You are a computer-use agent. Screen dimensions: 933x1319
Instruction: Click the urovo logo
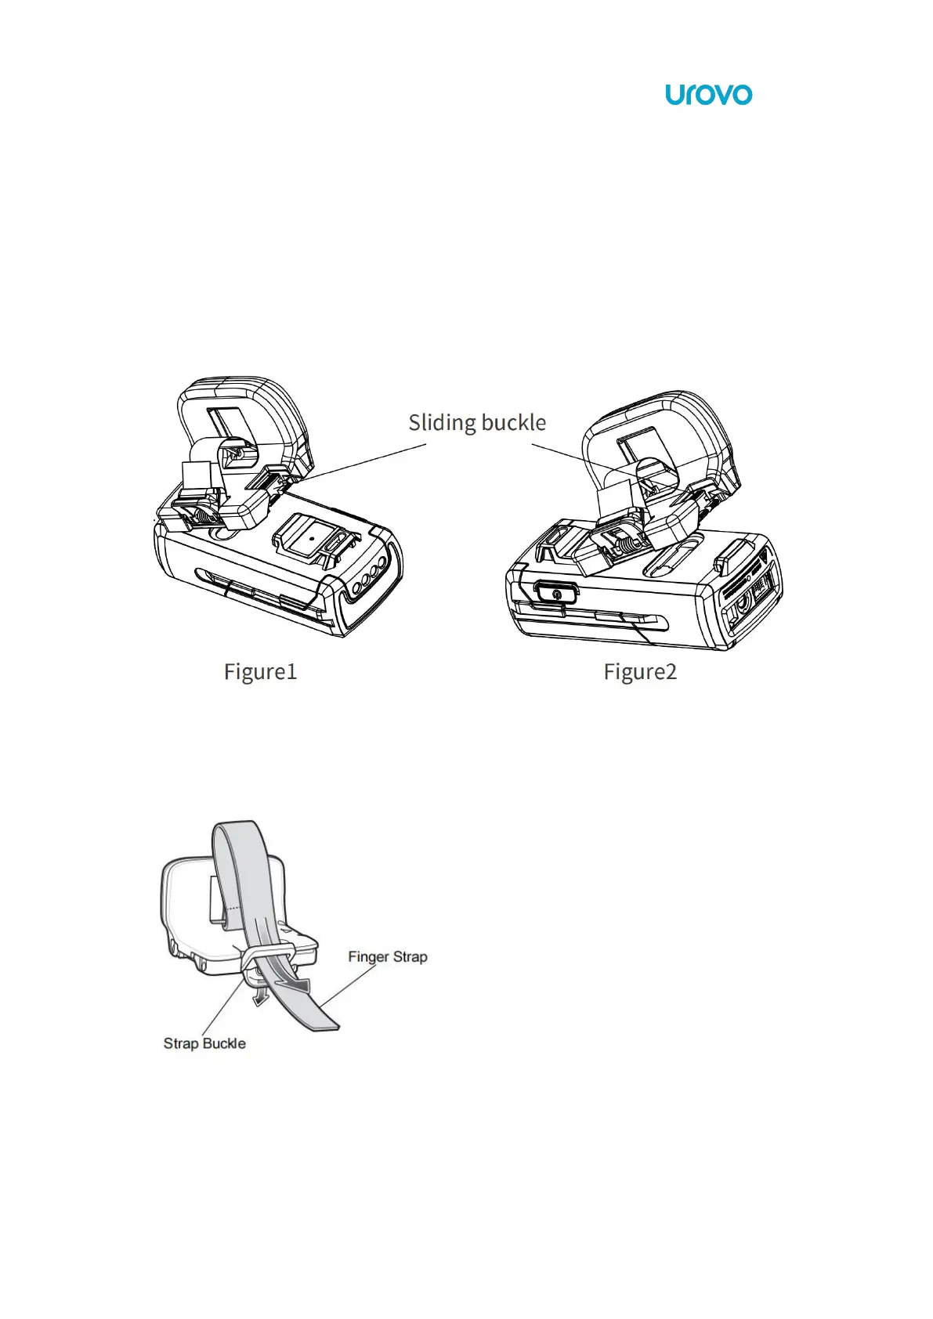tap(708, 95)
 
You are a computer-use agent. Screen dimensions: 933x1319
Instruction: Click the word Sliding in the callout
tap(441, 423)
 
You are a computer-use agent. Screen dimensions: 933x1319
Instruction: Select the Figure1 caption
tap(260, 672)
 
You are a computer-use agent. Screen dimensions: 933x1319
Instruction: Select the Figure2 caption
tap(639, 672)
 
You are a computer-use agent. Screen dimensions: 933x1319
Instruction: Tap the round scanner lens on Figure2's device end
tap(743, 605)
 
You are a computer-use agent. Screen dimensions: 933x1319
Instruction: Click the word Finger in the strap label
tap(368, 956)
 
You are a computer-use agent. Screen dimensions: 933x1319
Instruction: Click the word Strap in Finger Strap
tap(410, 956)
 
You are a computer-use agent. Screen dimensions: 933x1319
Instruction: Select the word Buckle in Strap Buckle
tap(224, 1043)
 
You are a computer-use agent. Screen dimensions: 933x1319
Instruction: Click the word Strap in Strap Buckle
tap(181, 1043)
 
